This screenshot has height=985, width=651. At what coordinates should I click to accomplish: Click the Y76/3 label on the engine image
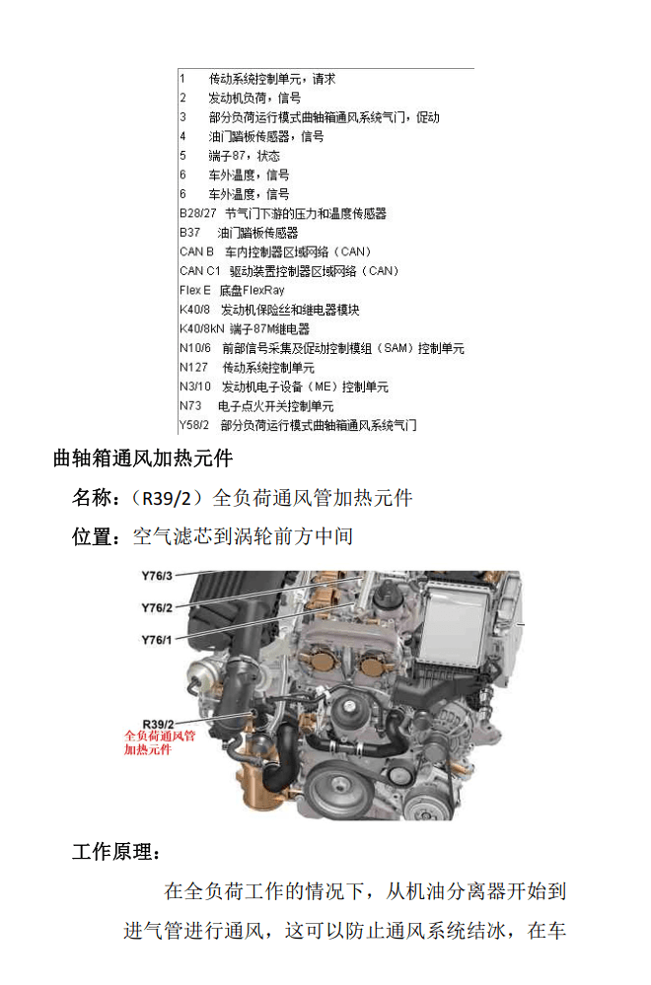(157, 576)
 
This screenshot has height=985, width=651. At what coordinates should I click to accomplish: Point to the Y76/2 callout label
(157, 607)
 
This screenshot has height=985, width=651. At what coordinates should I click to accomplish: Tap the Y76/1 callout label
(157, 640)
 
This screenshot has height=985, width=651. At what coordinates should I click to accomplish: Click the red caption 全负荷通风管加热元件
(160, 742)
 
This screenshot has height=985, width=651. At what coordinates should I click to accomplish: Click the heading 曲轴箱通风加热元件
(142, 458)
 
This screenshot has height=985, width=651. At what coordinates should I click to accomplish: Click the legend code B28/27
(197, 213)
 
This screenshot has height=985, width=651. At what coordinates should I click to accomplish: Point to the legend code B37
(189, 233)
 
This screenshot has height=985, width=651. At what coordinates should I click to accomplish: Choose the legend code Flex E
(194, 290)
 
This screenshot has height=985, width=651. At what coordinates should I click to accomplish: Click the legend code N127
(192, 368)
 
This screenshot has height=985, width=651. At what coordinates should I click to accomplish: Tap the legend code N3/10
(195, 387)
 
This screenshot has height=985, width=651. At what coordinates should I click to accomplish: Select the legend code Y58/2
(194, 425)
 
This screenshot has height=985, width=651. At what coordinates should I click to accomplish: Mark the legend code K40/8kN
(200, 328)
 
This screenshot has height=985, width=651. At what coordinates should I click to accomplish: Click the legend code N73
(189, 406)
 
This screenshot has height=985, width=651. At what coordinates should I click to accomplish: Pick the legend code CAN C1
(199, 271)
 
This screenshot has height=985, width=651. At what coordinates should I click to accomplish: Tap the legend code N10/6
(195, 348)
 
